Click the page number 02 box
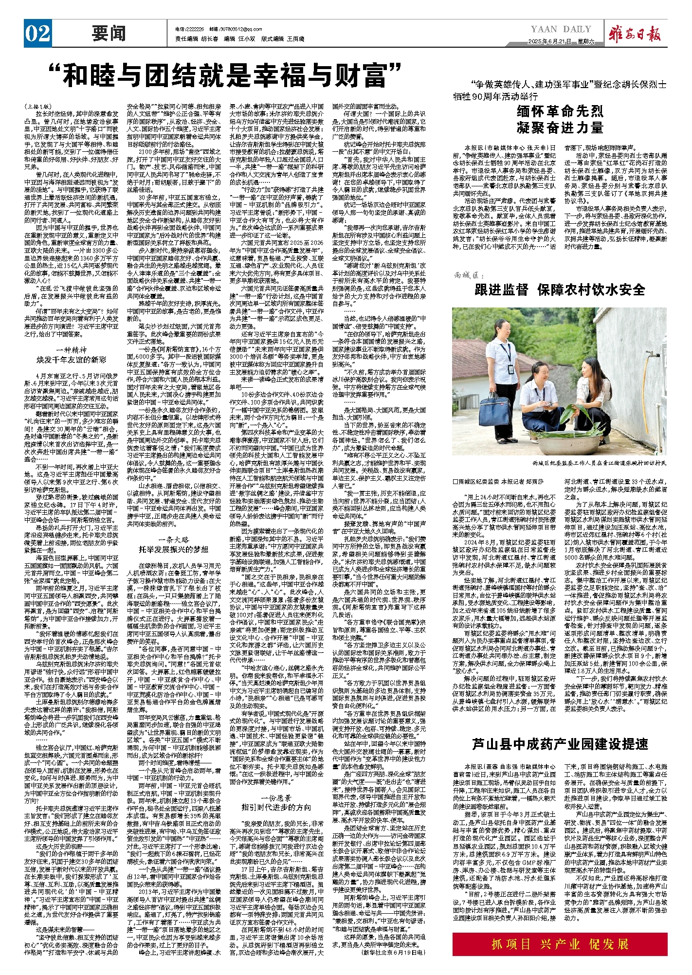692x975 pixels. click(x=38, y=34)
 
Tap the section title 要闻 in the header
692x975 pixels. click(x=109, y=34)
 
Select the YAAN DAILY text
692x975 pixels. click(x=561, y=29)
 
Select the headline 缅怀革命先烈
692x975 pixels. click(x=560, y=111)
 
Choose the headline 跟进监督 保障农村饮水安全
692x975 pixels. click(x=560, y=290)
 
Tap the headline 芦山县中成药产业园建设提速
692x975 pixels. click(x=560, y=744)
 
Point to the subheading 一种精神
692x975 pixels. click(x=72, y=349)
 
